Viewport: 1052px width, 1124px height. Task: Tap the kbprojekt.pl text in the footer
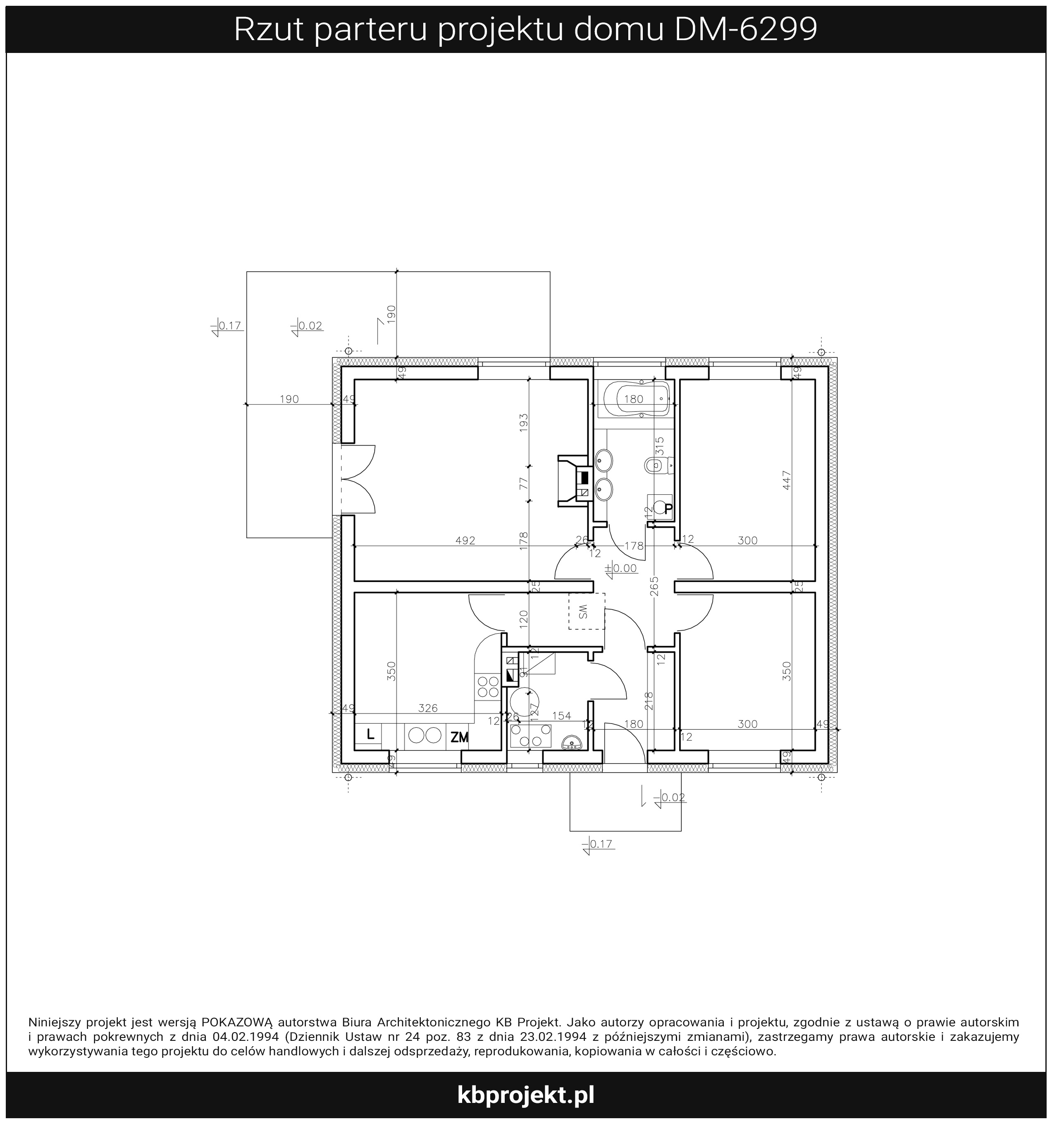[525, 1095]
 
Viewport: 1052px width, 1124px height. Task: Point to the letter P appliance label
[668, 508]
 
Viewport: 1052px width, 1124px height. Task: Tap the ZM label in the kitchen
[459, 737]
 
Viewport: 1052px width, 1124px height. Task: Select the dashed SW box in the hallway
[587, 611]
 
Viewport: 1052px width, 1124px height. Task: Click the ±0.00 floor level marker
[621, 568]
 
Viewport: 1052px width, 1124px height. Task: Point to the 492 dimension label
[465, 541]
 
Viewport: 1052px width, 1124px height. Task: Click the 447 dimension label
[787, 480]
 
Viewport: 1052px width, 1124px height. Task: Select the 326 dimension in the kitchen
[428, 708]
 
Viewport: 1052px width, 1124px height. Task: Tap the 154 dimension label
[561, 716]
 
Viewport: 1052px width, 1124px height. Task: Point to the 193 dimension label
[523, 423]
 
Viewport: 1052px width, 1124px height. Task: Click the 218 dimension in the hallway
[649, 701]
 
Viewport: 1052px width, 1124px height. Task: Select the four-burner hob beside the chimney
[488, 686]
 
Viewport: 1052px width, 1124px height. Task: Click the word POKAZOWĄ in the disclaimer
[237, 1022]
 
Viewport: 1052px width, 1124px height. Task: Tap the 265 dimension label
[654, 586]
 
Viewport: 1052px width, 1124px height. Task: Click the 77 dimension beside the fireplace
[523, 484]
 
